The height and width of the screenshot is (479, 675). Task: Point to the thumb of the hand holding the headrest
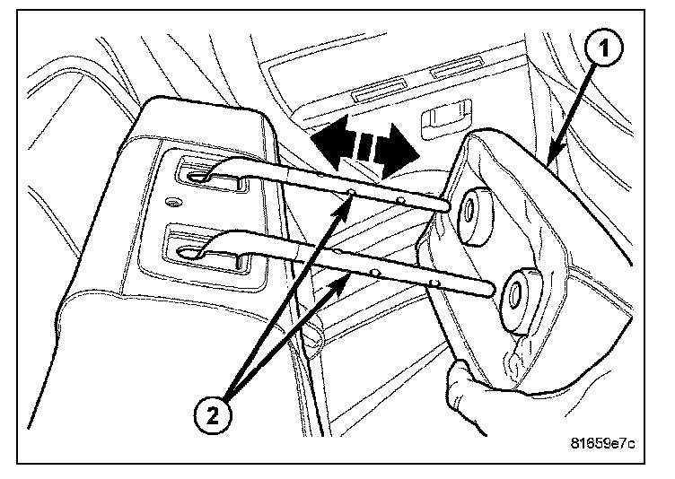460,370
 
